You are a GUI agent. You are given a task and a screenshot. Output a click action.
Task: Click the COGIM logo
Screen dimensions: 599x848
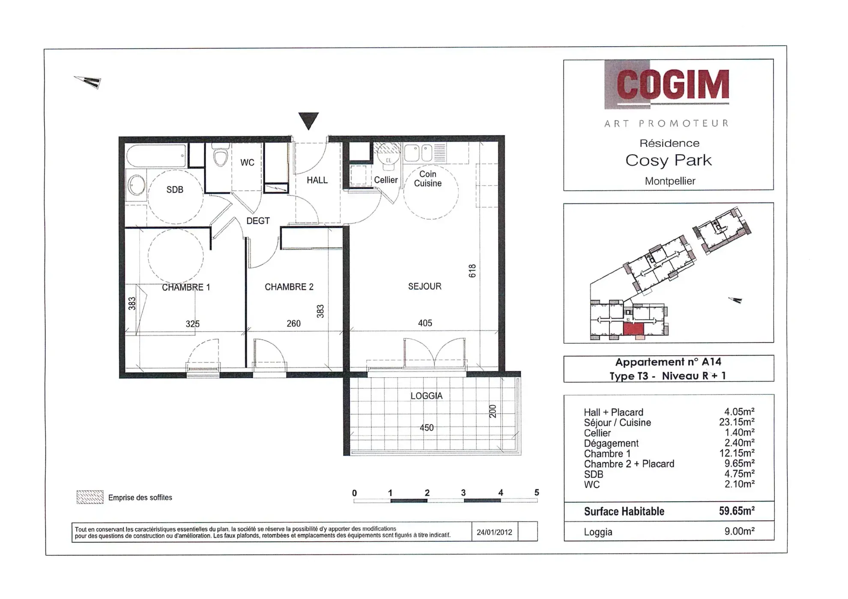tap(672, 85)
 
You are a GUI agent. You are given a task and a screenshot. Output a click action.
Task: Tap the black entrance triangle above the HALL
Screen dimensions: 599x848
tap(308, 120)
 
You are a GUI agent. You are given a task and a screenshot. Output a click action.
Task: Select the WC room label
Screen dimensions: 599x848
tap(247, 163)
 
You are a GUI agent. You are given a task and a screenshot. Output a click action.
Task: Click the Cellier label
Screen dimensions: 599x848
tap(385, 180)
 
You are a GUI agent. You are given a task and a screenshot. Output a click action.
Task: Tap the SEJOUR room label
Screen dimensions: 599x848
tap(424, 286)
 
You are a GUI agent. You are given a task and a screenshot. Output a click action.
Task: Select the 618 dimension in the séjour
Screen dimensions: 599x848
tap(472, 271)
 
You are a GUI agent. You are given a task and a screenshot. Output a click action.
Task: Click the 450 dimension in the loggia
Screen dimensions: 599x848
tap(426, 428)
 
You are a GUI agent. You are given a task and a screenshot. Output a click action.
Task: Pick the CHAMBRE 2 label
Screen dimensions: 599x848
tap(289, 287)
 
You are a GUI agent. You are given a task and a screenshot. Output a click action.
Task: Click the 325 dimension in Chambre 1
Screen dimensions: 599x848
tap(192, 324)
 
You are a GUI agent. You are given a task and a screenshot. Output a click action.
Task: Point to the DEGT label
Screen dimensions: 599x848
tap(258, 221)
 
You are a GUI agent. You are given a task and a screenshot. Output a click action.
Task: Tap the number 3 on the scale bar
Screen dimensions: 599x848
tap(463, 493)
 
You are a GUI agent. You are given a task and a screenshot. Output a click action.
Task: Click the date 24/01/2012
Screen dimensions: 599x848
tap(494, 532)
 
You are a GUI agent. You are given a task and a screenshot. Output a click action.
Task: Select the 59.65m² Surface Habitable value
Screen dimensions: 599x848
tap(737, 511)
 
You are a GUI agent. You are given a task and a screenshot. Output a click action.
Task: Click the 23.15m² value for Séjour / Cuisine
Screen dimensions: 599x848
tap(737, 422)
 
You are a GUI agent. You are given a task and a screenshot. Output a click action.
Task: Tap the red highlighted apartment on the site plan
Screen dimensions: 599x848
tap(633, 329)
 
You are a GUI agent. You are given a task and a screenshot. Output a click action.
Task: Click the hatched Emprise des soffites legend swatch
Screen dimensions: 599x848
tap(90, 497)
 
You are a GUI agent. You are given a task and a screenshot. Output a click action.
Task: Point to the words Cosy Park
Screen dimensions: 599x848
tap(668, 161)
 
